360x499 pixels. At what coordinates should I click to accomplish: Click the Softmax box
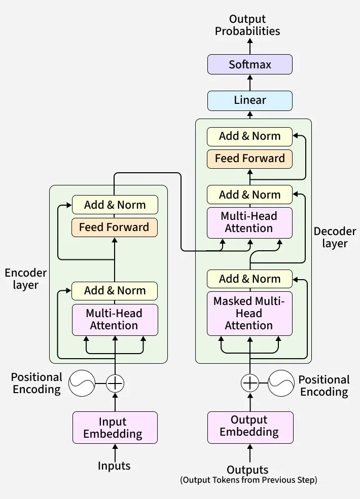[x=250, y=65]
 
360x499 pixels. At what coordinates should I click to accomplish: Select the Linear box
[x=250, y=100]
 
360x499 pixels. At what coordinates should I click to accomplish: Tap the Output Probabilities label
[x=247, y=25]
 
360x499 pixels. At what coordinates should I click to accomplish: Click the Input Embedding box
[x=115, y=428]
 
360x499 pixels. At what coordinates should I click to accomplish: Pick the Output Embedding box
[x=250, y=426]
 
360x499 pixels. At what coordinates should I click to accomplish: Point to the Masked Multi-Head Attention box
[x=249, y=313]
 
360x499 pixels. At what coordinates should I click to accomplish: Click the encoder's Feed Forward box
[x=115, y=227]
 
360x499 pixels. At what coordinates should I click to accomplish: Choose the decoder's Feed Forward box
[x=250, y=159]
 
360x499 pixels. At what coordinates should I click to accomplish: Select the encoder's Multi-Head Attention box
[x=115, y=319]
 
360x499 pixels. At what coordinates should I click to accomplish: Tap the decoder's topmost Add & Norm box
[x=250, y=136]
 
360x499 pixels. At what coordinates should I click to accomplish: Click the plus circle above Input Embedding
[x=115, y=383]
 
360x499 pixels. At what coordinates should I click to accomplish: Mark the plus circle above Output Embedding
[x=249, y=383]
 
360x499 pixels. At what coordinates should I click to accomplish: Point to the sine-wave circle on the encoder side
[x=82, y=383]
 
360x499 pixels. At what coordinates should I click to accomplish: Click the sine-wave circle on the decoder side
[x=281, y=383]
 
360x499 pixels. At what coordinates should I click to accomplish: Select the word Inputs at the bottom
[x=114, y=466]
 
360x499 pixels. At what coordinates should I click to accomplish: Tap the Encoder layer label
[x=26, y=279]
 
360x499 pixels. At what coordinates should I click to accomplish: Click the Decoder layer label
[x=335, y=237]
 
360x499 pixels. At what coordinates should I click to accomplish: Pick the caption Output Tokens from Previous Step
[x=248, y=480]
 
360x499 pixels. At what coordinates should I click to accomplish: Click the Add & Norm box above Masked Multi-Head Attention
[x=250, y=279]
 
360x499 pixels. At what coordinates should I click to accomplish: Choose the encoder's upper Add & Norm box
[x=115, y=205]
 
